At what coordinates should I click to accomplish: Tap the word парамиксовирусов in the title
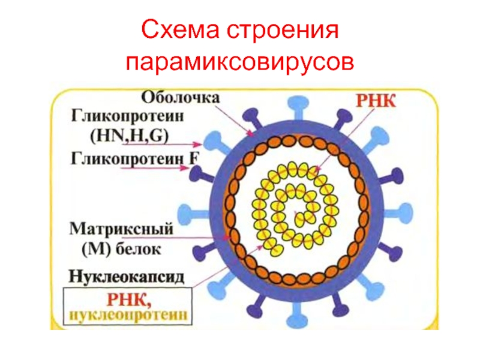click(x=240, y=62)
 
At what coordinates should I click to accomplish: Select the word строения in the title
click(x=283, y=31)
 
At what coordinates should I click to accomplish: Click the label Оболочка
click(x=181, y=98)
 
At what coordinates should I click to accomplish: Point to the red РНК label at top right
click(x=376, y=101)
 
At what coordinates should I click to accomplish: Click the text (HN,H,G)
click(x=130, y=136)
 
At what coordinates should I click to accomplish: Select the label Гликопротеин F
click(x=135, y=158)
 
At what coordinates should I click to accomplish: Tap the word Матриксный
click(x=122, y=229)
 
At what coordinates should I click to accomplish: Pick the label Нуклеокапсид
click(x=127, y=276)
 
